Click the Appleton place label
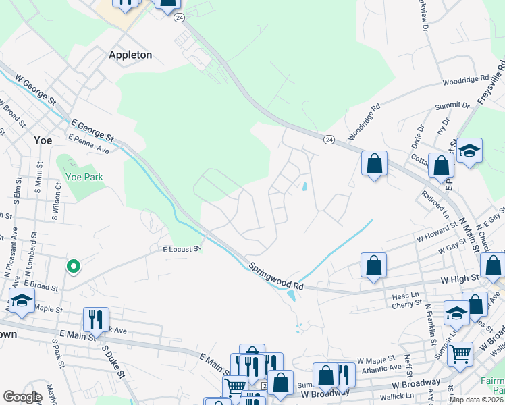click(130, 55)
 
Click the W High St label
click(460, 277)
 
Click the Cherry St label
click(406, 305)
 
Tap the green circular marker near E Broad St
click(74, 267)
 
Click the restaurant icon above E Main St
click(96, 319)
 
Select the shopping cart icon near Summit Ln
click(460, 352)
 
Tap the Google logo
click(22, 397)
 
